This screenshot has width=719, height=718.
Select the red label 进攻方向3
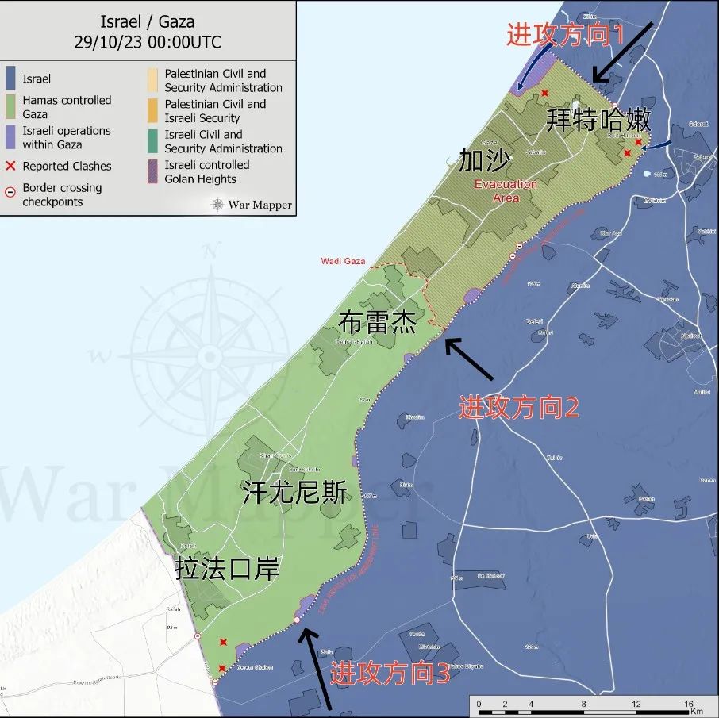pyautogui.click(x=390, y=674)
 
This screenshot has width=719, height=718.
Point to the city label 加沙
pyautogui.click(x=484, y=161)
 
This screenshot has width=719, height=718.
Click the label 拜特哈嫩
pyautogui.click(x=599, y=120)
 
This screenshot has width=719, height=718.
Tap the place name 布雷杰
pyautogui.click(x=377, y=324)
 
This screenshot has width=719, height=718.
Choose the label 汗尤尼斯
pyautogui.click(x=294, y=493)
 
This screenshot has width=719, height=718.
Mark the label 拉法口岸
pyautogui.click(x=227, y=570)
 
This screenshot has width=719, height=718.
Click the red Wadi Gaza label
pyautogui.click(x=343, y=261)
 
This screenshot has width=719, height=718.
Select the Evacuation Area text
pyautogui.click(x=506, y=190)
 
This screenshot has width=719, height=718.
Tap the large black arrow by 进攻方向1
pyautogui.click(x=623, y=52)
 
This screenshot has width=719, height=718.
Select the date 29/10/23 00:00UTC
pyautogui.click(x=148, y=42)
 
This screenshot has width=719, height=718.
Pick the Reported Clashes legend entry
pyautogui.click(x=67, y=166)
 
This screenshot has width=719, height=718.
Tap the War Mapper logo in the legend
pyautogui.click(x=252, y=205)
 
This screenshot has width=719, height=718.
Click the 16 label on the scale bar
pyautogui.click(x=689, y=704)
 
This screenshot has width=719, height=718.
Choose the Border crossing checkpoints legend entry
pyautogui.click(x=62, y=194)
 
